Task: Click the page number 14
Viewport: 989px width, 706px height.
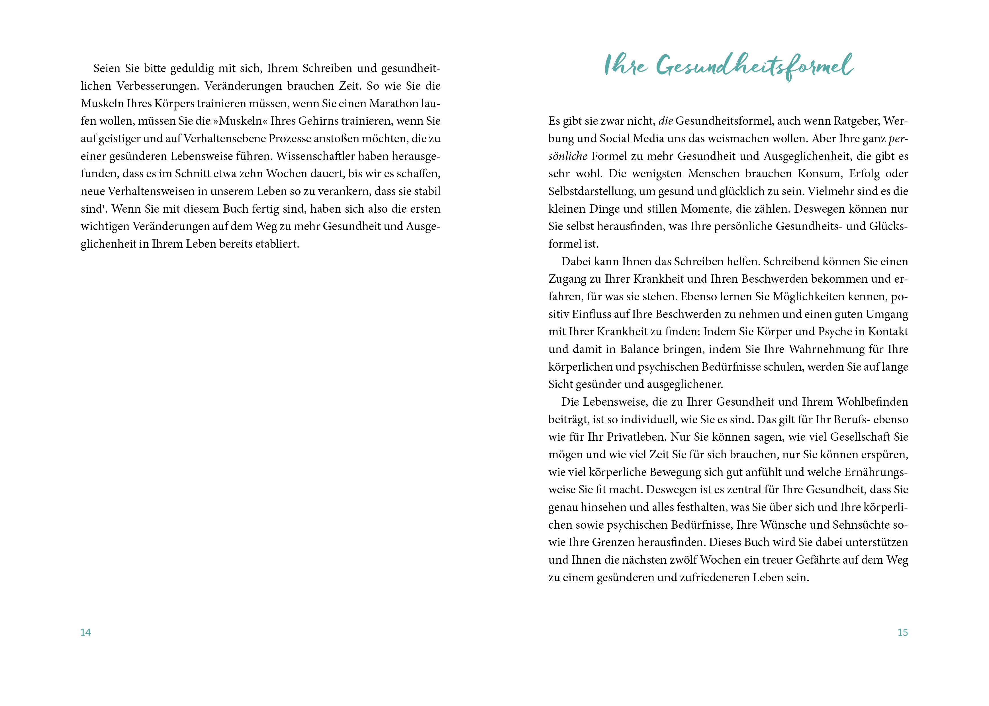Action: point(86,633)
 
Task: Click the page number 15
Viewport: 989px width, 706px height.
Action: point(902,633)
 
